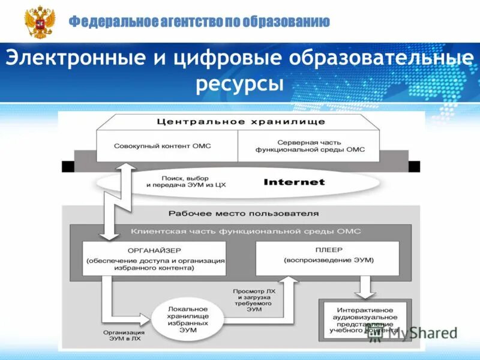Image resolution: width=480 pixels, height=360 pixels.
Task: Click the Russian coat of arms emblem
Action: tap(40, 22)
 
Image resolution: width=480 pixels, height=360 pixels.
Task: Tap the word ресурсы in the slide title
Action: tap(239, 84)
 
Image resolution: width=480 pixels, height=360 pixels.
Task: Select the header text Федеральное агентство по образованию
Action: tap(199, 22)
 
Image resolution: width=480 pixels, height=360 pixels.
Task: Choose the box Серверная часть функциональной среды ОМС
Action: tap(308, 146)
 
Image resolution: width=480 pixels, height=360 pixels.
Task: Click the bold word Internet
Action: tap(294, 182)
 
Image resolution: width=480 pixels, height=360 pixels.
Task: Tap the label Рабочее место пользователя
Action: tap(243, 213)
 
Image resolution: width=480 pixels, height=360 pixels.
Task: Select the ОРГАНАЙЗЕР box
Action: tap(155, 259)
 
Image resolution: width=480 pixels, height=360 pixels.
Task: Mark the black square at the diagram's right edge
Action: tap(414, 167)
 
